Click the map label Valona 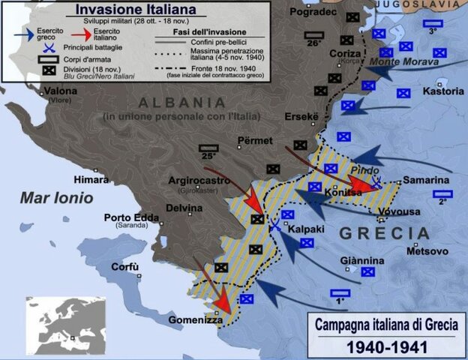(60, 91)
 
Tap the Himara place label (91, 179)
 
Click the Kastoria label (443, 91)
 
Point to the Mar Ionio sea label (57, 198)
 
